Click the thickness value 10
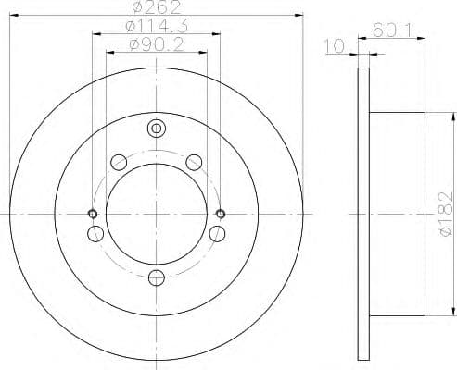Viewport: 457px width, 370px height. coord(338,42)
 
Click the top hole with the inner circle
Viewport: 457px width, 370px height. coord(156,128)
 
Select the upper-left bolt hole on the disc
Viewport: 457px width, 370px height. coord(118,163)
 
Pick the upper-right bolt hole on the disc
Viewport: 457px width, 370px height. coord(194,163)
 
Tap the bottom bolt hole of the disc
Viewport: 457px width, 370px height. coord(156,275)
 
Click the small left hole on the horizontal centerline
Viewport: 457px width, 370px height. coord(92,214)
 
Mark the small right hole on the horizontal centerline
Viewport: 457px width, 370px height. coord(220,214)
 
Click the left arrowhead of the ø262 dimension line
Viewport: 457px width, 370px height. coord(11,15)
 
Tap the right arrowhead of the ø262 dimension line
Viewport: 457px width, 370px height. coord(301,15)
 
